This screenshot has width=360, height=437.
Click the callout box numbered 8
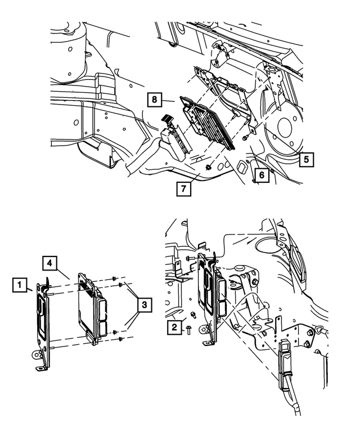point(153,101)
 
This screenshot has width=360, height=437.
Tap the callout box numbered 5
point(306,159)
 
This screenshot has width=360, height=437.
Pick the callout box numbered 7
point(183,188)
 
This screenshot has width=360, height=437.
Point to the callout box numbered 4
point(50,263)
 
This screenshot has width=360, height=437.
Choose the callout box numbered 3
point(145,305)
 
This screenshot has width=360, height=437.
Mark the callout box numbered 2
point(175,325)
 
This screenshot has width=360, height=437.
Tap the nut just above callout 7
point(209,167)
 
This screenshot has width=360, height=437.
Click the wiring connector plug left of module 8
point(174,135)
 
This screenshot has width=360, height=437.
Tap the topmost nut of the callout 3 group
point(115,278)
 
